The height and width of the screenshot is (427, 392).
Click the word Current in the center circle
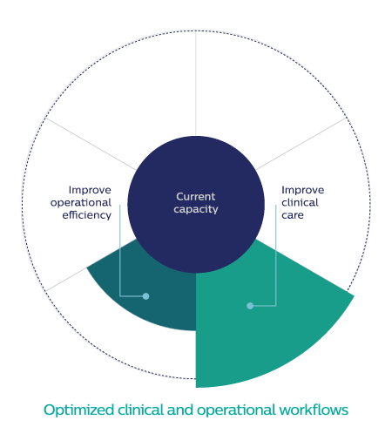click(196, 197)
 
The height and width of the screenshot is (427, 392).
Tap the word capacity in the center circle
click(196, 209)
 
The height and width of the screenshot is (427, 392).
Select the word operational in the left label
click(81, 203)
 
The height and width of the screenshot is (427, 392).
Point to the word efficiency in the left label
click(86, 215)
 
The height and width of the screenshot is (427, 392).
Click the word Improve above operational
click(90, 190)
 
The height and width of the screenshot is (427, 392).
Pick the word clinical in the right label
click(300, 202)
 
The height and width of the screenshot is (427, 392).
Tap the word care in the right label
click(293, 215)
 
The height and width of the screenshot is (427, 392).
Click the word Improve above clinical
click(302, 190)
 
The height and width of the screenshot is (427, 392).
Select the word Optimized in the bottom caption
click(78, 410)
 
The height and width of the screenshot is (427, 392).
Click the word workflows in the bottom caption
click(314, 410)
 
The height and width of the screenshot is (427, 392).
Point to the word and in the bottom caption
click(180, 410)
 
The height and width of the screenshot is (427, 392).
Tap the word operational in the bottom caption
click(236, 410)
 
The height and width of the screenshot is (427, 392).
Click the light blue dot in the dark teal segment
click(145, 296)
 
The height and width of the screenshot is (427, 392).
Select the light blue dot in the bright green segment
click(250, 306)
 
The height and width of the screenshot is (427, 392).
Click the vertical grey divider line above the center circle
click(196, 84)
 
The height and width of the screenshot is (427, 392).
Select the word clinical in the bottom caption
click(140, 410)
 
